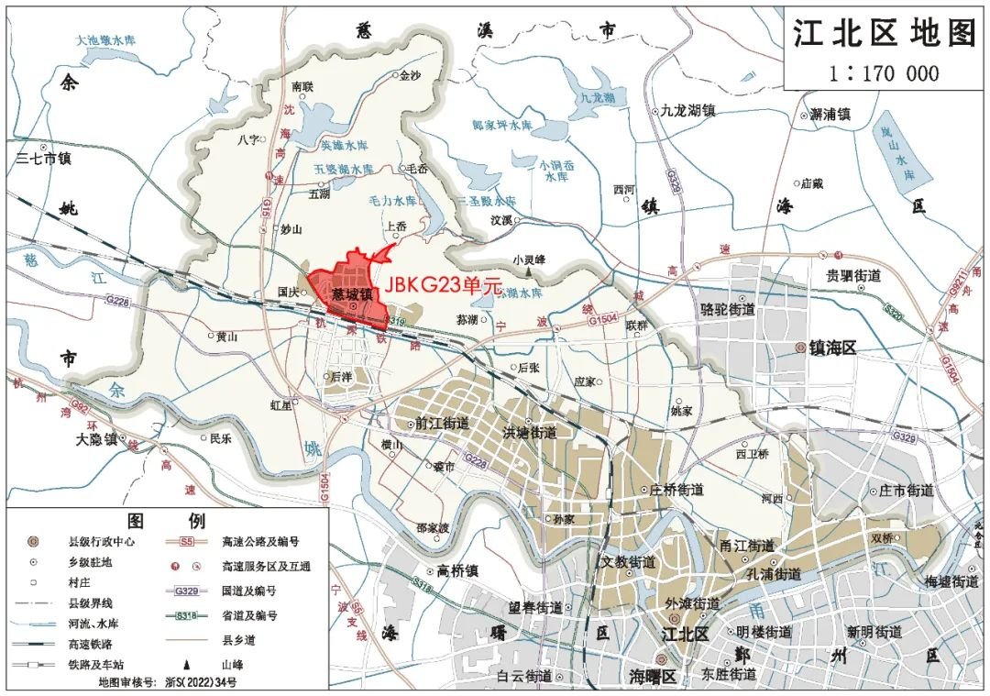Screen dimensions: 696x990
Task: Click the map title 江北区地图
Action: point(885,35)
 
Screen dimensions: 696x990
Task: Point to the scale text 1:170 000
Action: point(884,73)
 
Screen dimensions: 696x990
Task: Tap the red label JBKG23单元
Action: point(443,285)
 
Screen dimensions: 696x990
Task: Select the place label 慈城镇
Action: point(352,295)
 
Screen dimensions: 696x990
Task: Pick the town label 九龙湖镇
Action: point(687,110)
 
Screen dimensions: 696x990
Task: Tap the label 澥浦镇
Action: point(831,115)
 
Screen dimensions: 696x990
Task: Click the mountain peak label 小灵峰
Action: point(529,260)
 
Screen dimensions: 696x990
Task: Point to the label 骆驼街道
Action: point(727,309)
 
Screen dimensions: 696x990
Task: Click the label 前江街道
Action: point(442,424)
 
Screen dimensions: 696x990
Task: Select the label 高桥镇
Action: point(458,570)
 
